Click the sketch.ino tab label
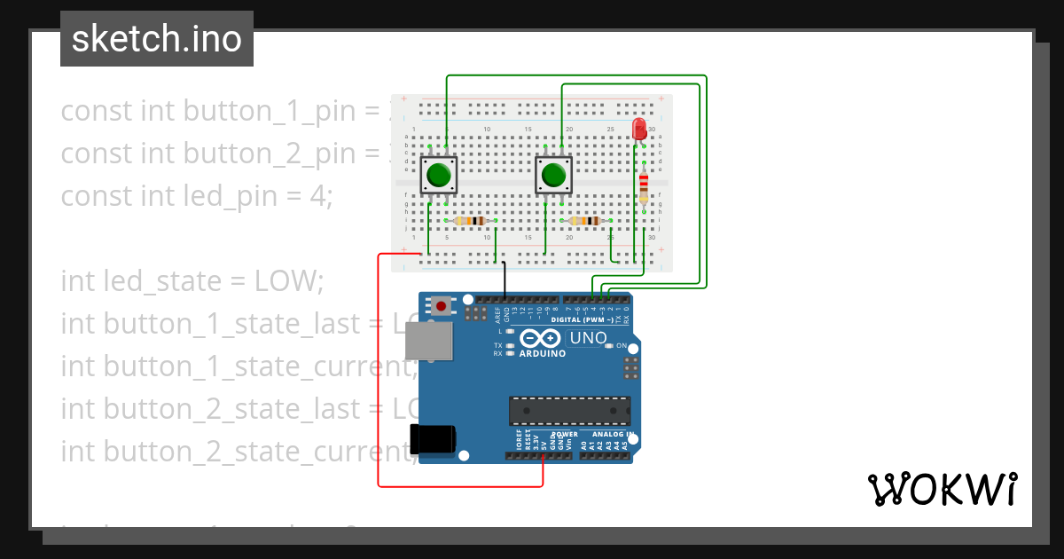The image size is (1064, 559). tap(157, 39)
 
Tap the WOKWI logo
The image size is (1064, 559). tap(942, 489)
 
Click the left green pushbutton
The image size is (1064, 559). tap(439, 175)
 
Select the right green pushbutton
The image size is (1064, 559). tap(554, 175)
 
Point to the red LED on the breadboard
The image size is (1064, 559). tap(639, 130)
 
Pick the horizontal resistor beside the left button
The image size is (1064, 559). tap(469, 220)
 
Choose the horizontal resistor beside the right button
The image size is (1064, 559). tap(584, 220)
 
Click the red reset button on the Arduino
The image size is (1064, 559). tap(441, 306)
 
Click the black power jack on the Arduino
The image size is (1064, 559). tap(433, 439)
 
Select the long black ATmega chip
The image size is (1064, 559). tap(569, 411)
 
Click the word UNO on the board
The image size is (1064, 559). tap(588, 338)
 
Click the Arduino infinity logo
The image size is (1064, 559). tap(541, 338)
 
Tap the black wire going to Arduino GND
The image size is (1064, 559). tap(505, 279)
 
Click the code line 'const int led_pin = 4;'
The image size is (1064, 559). tap(196, 195)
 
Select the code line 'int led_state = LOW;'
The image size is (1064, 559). tap(192, 280)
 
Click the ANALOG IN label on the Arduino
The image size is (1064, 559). tap(607, 435)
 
